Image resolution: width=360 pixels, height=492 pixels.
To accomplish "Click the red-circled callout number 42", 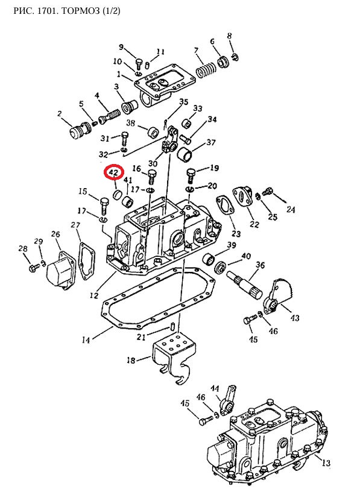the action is tap(113, 172).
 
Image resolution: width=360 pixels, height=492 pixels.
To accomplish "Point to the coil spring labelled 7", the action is tap(206, 70).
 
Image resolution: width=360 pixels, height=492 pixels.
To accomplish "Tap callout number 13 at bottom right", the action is tap(326, 462).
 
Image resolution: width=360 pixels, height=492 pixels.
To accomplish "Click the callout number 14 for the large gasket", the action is tap(86, 340).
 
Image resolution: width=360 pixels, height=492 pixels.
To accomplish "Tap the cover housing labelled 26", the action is tap(60, 270).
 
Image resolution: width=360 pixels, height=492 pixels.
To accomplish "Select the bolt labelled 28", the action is tap(34, 268).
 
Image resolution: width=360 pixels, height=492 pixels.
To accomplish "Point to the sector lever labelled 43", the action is tap(277, 295).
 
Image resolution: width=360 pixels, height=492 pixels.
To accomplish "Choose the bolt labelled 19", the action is tap(191, 175).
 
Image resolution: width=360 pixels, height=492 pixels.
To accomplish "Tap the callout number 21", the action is tap(141, 336).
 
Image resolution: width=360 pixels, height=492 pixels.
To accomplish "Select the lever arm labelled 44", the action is tap(227, 400).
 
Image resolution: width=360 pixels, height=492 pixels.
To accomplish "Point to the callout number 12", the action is tap(94, 295).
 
